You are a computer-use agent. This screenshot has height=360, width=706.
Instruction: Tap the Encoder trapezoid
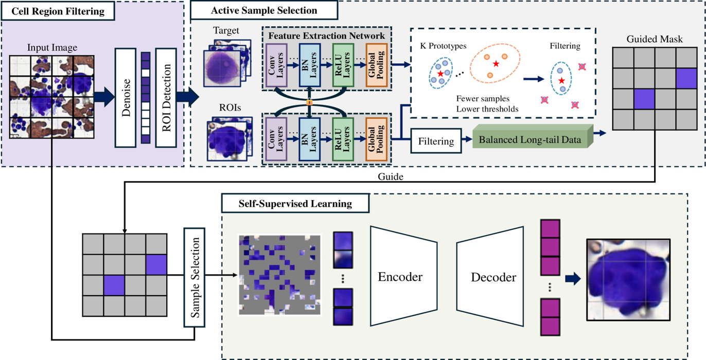pyautogui.click(x=400, y=277)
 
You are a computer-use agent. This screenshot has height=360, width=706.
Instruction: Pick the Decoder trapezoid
pyautogui.click(x=493, y=277)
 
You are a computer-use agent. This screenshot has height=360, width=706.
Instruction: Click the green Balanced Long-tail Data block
pyautogui.click(x=530, y=139)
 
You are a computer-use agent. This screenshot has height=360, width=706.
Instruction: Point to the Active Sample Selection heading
pyautogui.click(x=264, y=10)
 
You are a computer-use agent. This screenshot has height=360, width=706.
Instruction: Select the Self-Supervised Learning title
pyautogui.click(x=295, y=204)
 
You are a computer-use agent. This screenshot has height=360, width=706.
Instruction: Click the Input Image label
pyautogui.click(x=52, y=48)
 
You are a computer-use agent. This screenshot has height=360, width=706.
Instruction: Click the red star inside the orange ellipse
pyautogui.click(x=496, y=64)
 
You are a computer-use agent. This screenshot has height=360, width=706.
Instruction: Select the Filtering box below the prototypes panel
pyautogui.click(x=436, y=140)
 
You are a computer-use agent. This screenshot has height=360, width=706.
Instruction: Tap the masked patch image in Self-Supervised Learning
pyautogui.click(x=279, y=275)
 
